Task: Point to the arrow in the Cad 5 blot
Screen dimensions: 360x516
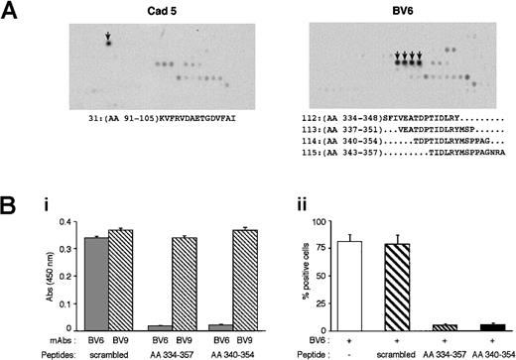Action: [x=109, y=39]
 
